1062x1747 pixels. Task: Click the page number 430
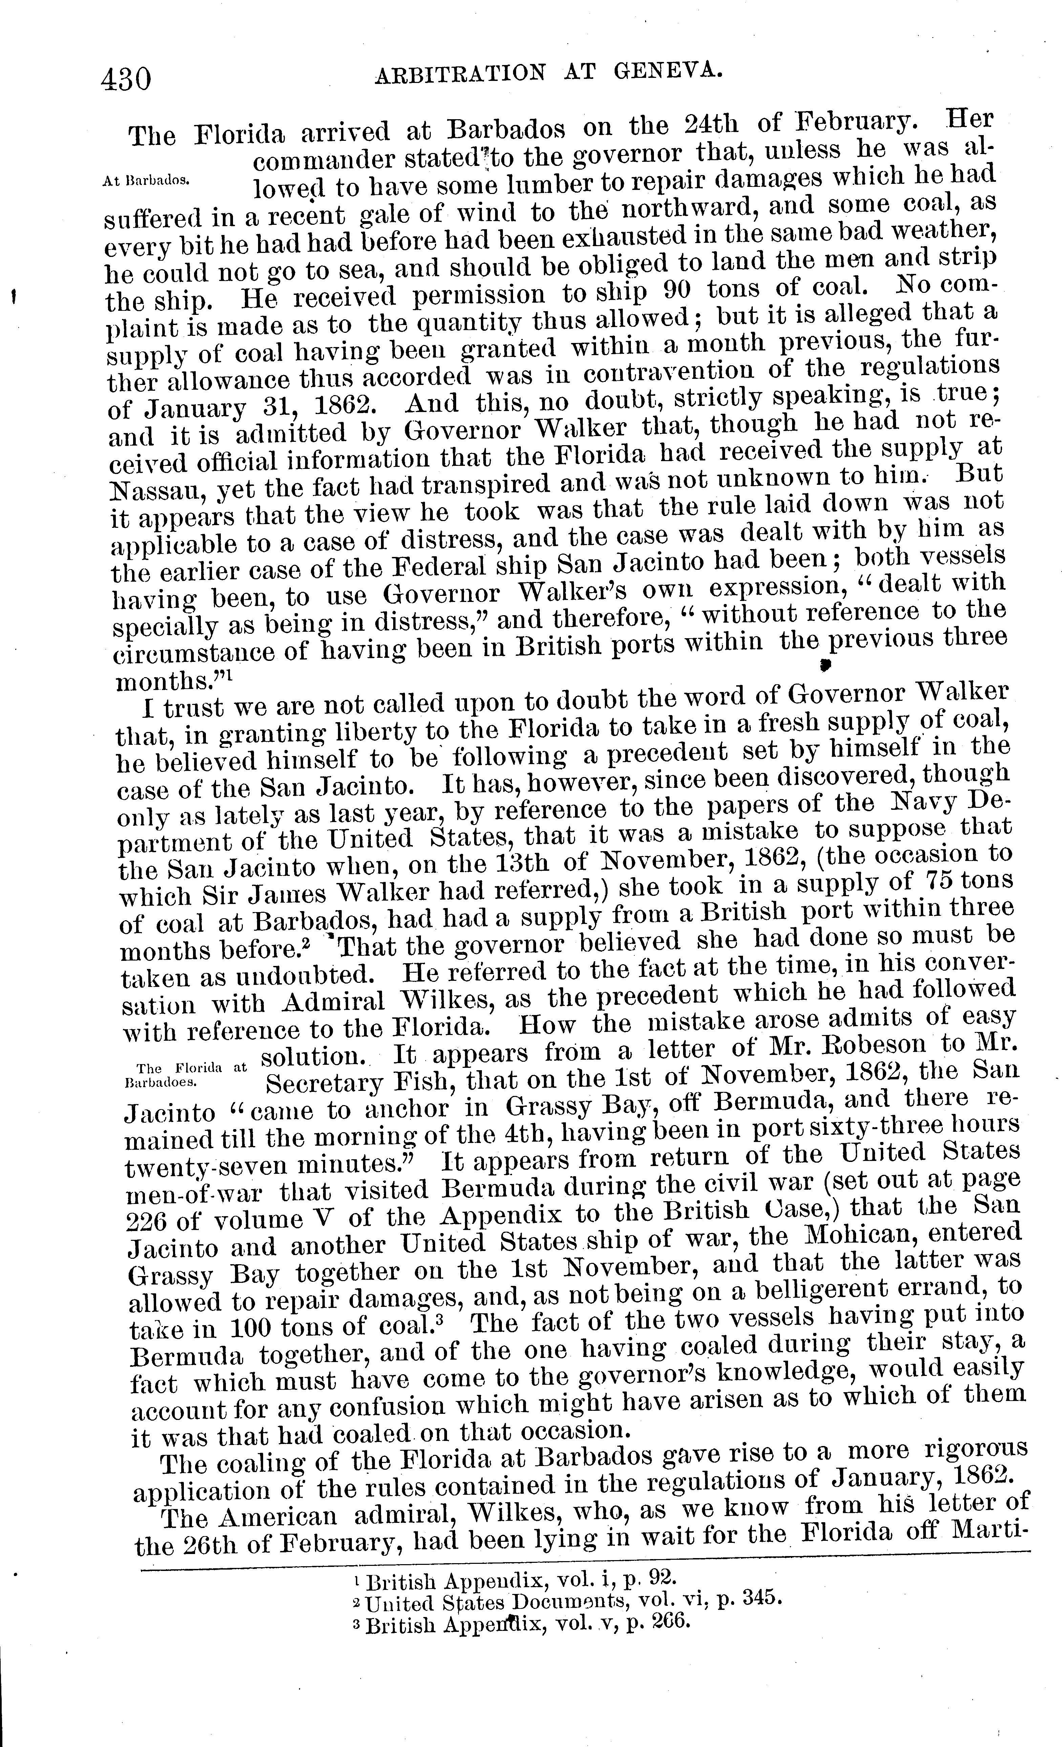126,78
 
